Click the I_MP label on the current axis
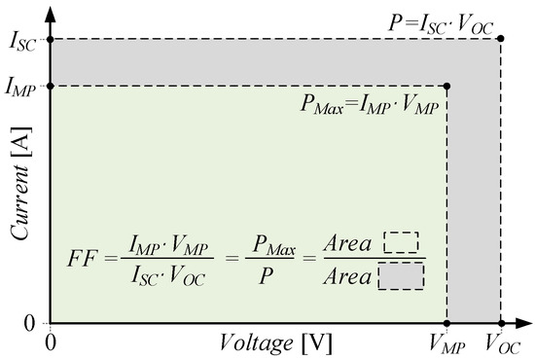coord(21,87)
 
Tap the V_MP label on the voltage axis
coord(446,342)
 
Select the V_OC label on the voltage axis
coord(501,342)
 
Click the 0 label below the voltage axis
coord(50,342)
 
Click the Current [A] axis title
coord(19,195)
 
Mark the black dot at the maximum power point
coord(446,86)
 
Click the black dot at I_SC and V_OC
coord(501,39)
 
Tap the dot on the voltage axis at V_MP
coord(446,323)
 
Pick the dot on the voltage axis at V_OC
coord(501,323)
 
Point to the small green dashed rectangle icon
coord(400,242)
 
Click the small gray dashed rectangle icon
coord(400,277)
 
